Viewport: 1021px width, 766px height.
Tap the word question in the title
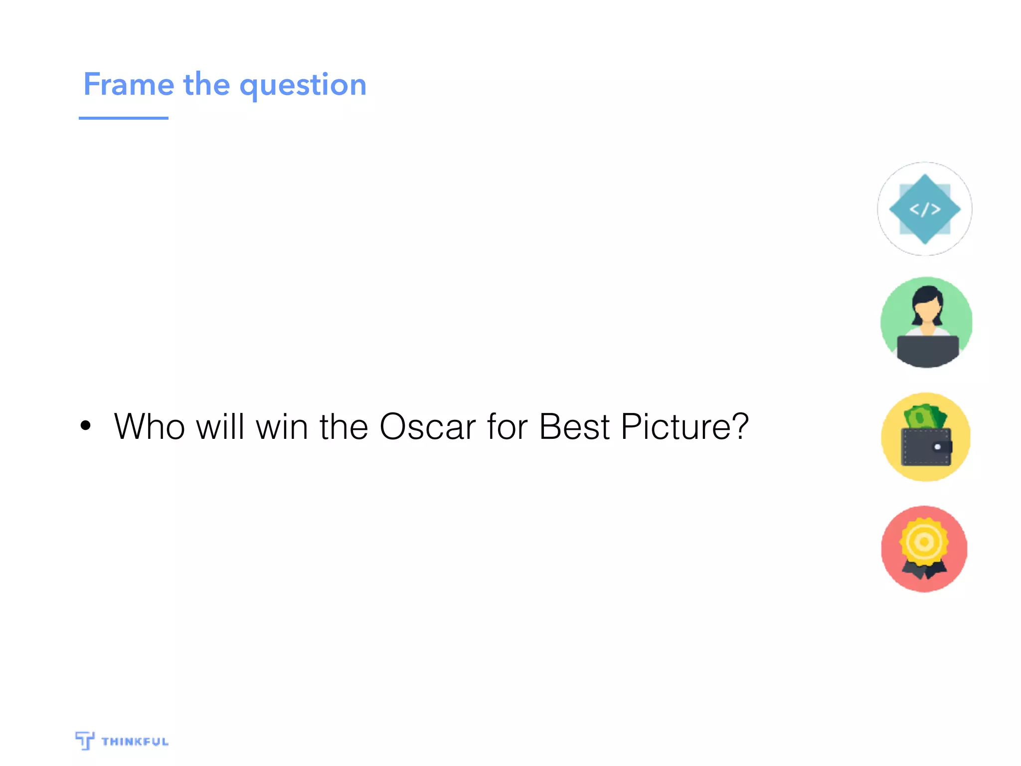[x=303, y=86]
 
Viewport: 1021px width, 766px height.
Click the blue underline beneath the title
[x=124, y=118]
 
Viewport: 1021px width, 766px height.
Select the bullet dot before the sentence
[x=86, y=425]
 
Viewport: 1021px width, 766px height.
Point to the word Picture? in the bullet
[x=684, y=427]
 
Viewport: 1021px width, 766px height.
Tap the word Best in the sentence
[x=574, y=427]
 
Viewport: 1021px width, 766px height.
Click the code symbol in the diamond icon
[x=925, y=209]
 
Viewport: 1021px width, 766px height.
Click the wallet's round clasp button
[x=937, y=447]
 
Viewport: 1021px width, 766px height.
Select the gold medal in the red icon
[x=924, y=542]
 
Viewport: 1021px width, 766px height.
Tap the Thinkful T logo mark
[x=85, y=740]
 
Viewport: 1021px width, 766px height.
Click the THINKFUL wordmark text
[x=135, y=742]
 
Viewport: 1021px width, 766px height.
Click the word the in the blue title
[x=206, y=84]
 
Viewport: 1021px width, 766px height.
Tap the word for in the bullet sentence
[x=507, y=427]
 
